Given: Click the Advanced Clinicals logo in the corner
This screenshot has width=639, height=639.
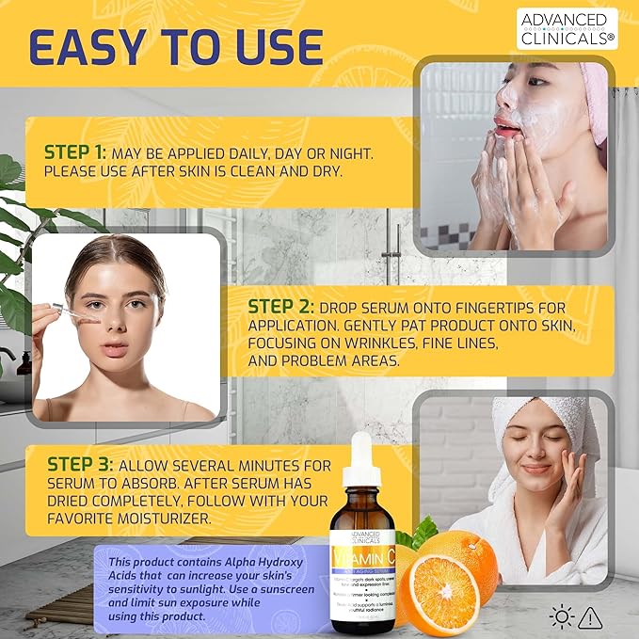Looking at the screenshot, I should tap(567, 28).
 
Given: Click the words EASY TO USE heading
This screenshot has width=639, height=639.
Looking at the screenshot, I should tap(175, 48).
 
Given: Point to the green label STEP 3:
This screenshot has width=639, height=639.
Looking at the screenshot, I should tap(80, 465).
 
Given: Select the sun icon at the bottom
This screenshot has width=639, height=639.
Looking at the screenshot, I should tap(563, 617).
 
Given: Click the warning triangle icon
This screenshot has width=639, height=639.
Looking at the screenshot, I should tap(591, 617).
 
